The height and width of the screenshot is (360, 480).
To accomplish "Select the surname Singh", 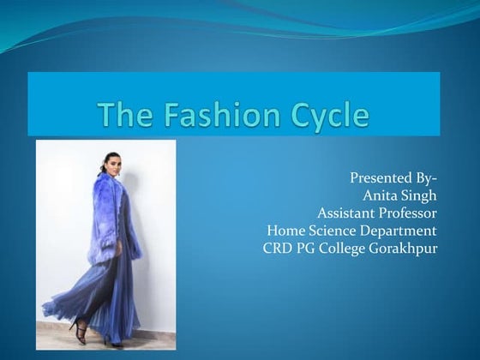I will click(420, 195).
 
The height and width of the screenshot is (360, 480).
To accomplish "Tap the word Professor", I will click(409, 213).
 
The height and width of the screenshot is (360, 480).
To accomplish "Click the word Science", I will click(333, 230).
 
